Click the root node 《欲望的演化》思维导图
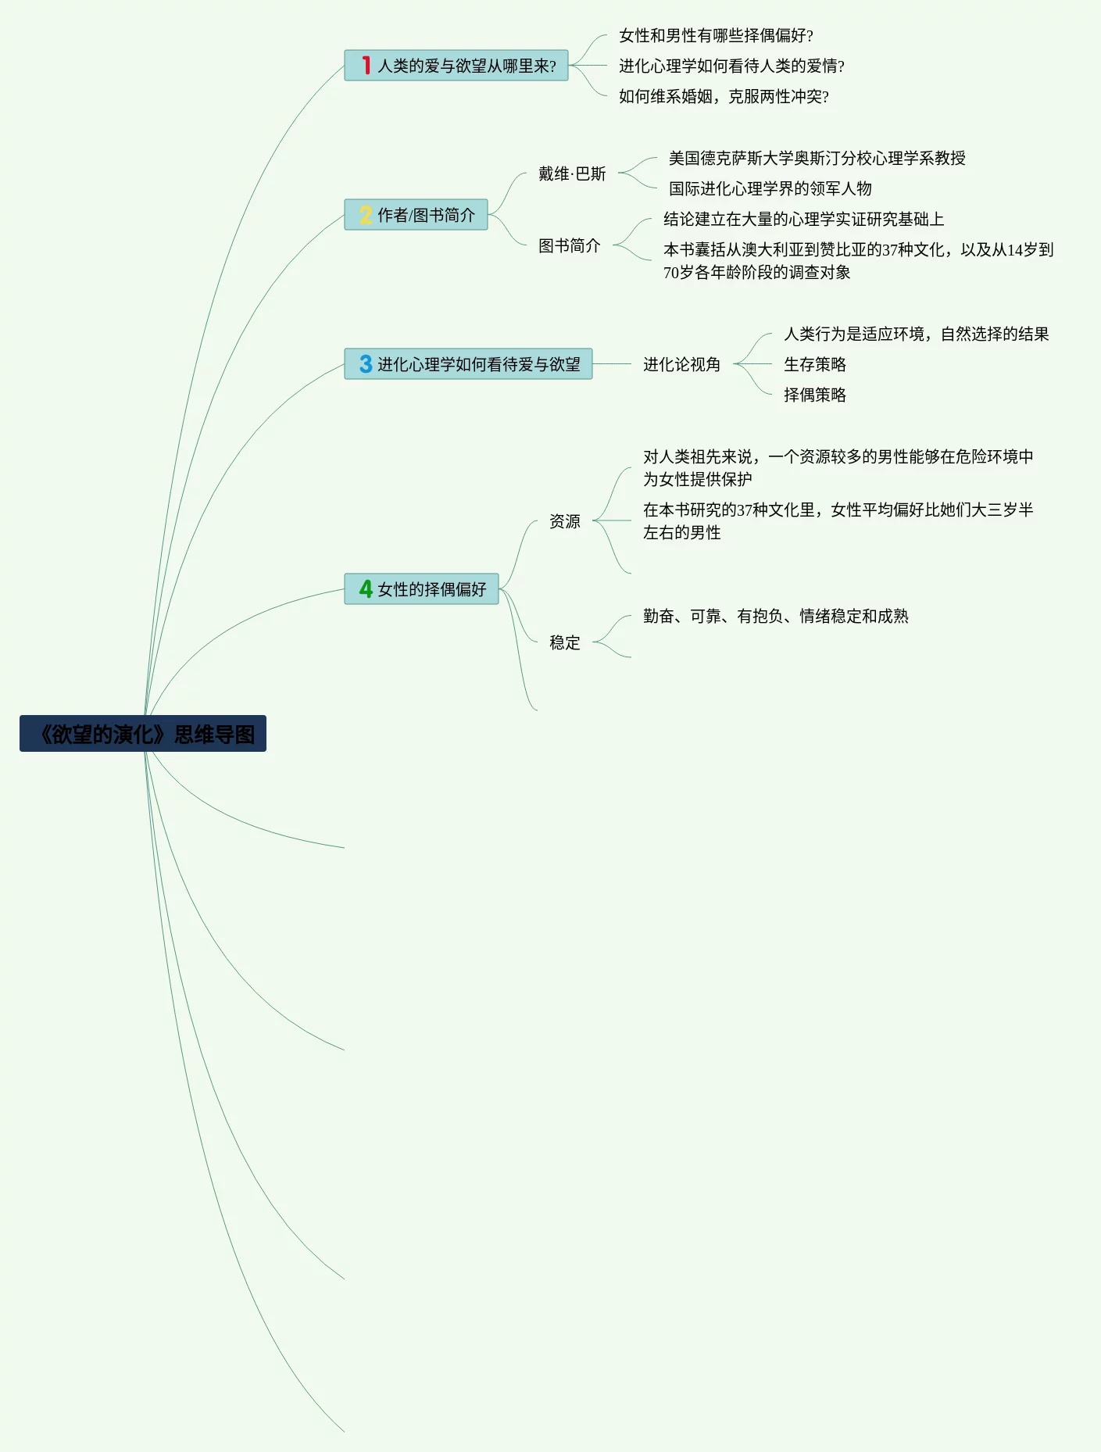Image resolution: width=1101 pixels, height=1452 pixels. pos(143,734)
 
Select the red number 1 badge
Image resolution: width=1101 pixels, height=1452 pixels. pos(366,65)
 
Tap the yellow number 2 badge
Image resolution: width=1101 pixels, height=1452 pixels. pos(365,215)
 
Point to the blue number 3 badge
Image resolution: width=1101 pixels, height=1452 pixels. pos(365,364)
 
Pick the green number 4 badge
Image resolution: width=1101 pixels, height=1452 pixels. pos(365,588)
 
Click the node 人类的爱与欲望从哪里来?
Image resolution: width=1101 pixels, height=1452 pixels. pos(466,66)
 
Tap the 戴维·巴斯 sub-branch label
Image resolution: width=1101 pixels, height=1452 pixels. pos(572,173)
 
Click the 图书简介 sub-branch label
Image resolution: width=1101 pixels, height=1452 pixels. pos(569,245)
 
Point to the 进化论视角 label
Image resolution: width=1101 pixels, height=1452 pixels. pos(681,364)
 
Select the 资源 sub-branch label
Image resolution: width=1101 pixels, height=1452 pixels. pos(564,521)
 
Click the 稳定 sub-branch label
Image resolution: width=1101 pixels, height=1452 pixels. pos(564,642)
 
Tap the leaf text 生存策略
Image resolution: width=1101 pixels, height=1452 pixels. pos(814,364)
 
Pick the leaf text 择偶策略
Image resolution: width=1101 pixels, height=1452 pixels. pos(814,395)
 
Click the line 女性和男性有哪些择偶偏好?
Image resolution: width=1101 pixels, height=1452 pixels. pos(716,35)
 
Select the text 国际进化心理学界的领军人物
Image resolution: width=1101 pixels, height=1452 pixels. pos(770,188)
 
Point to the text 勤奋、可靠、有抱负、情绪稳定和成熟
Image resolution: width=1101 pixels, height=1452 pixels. pos(775,616)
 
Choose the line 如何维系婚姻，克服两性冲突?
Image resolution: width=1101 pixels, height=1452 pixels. pos(724,96)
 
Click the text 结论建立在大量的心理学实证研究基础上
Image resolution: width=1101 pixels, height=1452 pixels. pos(803,219)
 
